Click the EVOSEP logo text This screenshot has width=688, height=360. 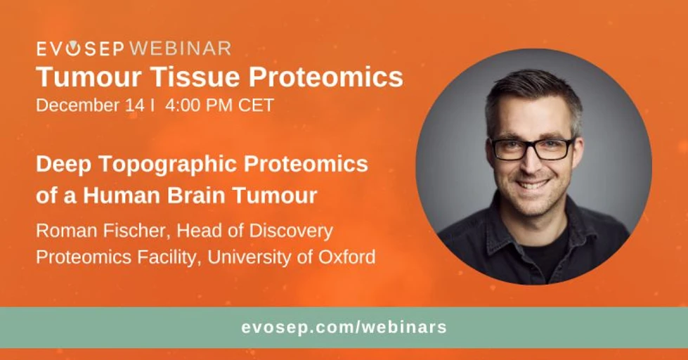80,49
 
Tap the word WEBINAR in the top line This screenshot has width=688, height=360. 180,49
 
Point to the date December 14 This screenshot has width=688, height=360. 90,105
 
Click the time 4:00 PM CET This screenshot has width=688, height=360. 219,105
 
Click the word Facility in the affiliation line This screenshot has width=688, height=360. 150,257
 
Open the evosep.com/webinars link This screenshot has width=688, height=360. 344,328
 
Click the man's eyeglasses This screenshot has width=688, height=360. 532,148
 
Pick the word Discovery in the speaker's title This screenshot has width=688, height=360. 294,231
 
